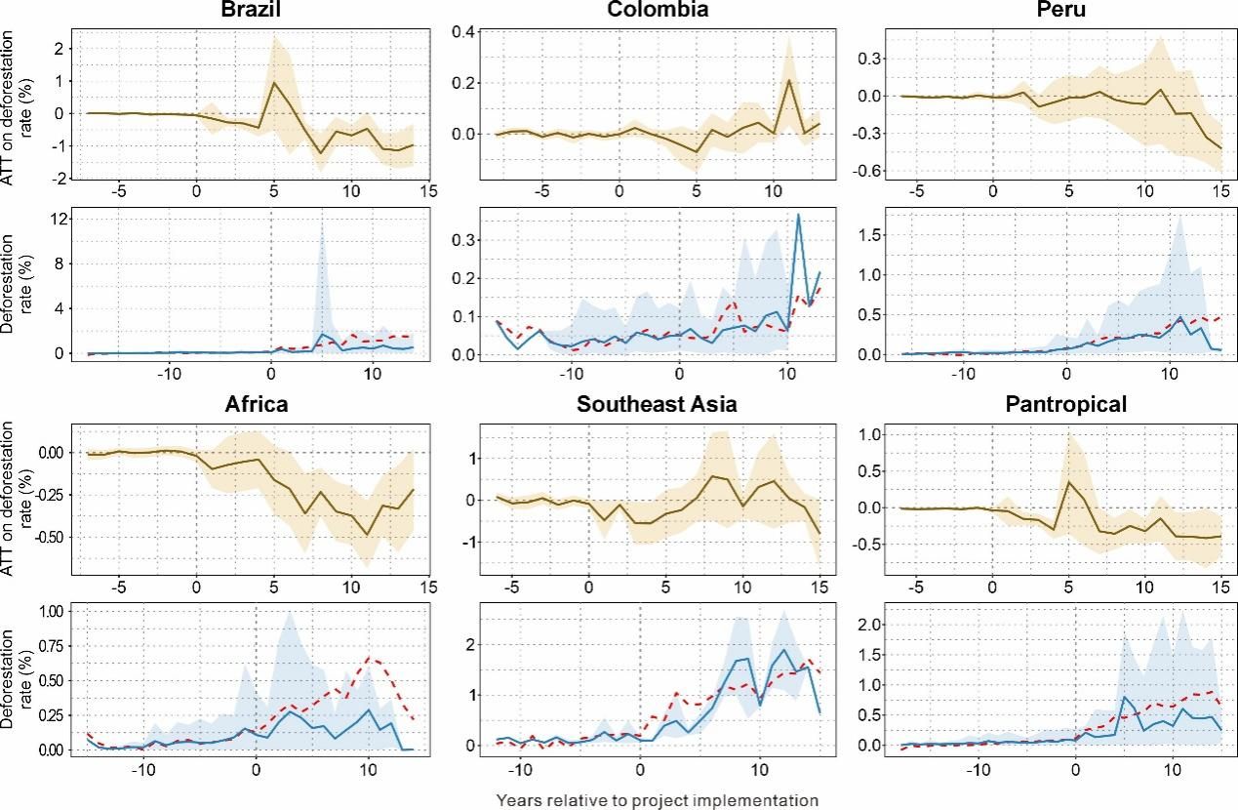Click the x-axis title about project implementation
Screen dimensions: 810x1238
tap(657, 800)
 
